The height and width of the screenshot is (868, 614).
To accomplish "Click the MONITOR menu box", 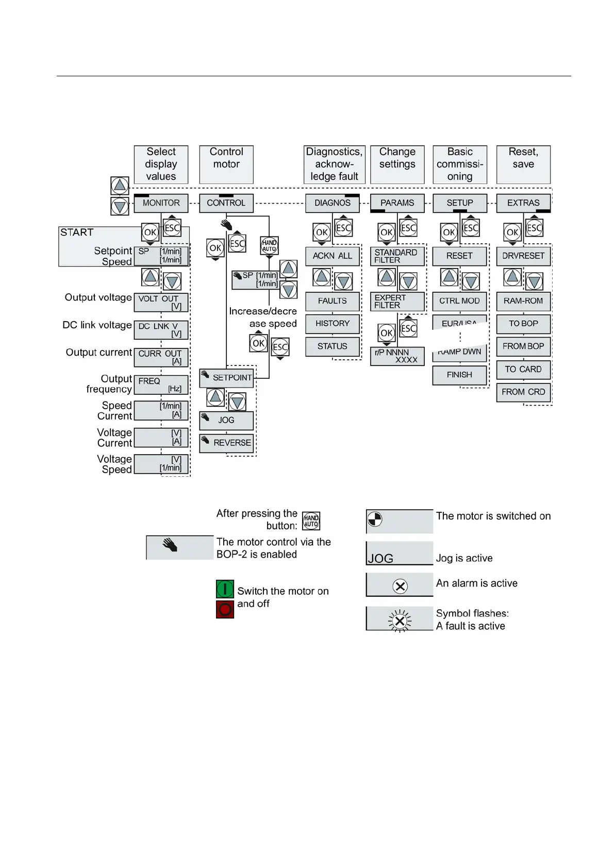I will [161, 203].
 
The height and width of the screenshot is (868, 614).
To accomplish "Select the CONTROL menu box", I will [226, 203].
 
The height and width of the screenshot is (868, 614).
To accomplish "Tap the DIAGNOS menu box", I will [332, 203].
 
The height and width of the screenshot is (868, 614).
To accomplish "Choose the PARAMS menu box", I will [397, 203].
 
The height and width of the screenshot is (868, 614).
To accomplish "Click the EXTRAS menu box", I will [523, 203].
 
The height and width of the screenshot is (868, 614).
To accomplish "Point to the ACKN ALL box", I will [332, 256].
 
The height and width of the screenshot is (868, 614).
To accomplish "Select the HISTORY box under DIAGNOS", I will [332, 324].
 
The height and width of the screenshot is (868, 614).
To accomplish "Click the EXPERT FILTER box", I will [397, 302].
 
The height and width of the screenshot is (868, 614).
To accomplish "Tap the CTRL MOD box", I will [459, 301].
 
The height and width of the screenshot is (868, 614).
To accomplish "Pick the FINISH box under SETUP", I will [459, 375].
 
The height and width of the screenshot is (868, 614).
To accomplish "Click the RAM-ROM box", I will [523, 301].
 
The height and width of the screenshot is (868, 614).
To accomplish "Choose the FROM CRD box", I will [523, 392].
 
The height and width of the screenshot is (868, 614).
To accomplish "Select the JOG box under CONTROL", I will [226, 420].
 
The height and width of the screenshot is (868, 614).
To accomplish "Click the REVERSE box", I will [226, 443].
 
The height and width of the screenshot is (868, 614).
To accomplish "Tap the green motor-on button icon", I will [225, 589].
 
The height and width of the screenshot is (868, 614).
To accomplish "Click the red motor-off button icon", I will [225, 609].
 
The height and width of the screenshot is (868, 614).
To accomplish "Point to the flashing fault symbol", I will [400, 621].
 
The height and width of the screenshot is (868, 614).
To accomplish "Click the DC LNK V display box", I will [161, 330].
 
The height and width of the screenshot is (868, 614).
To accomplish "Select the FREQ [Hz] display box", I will [161, 385].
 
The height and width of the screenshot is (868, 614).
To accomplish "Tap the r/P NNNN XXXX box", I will [397, 356].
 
